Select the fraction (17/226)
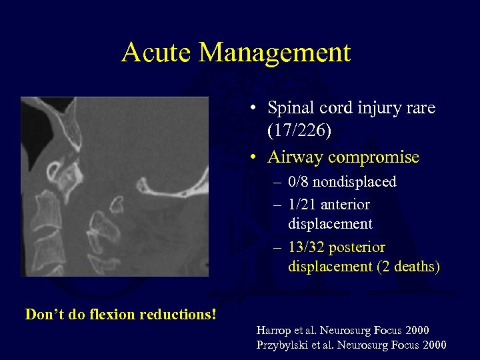(x=299, y=131)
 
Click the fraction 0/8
(x=299, y=182)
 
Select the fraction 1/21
(x=303, y=205)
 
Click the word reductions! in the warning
(x=177, y=314)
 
